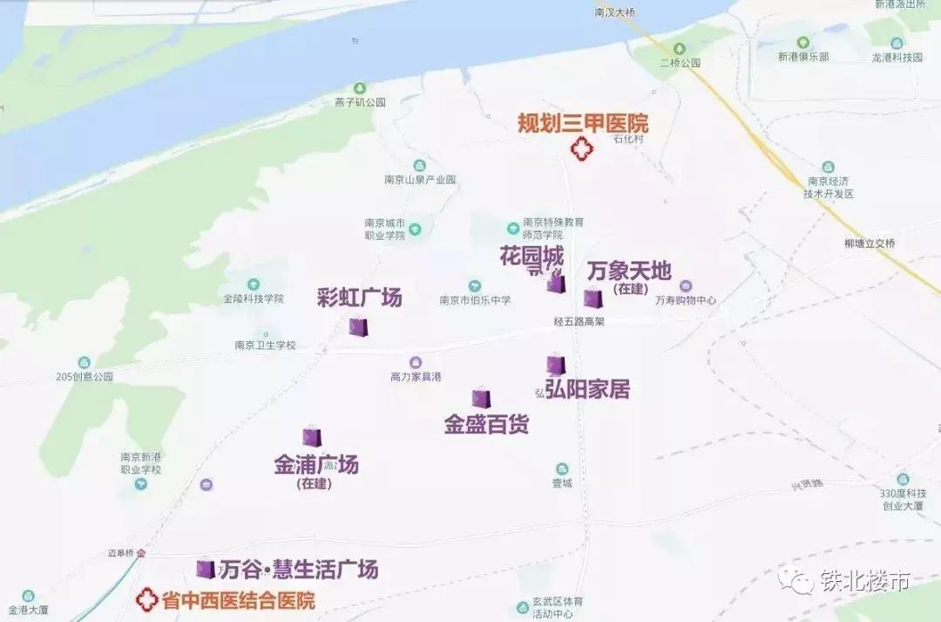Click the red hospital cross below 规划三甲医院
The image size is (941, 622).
pos(580,149)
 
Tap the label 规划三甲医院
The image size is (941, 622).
pos(583,124)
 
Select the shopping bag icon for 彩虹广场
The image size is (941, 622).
pos(358,327)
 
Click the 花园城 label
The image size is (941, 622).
pos(531,256)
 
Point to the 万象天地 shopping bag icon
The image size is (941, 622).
pos(593,297)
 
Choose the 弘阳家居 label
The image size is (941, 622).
pos(587,389)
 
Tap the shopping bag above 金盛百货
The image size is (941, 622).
pos(481,398)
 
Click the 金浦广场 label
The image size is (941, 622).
pos(316,464)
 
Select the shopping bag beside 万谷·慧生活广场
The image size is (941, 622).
pos(206,569)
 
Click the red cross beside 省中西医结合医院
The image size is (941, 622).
pos(147,599)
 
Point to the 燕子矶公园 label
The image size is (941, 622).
pos(360,102)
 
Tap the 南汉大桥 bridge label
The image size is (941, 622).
pos(618,12)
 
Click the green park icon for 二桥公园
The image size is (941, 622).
pos(680,49)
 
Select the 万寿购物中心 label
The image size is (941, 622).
pos(685,300)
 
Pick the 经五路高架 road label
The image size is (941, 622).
pos(579,321)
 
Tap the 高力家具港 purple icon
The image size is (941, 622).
pos(416,362)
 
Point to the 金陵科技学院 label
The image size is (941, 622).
pos(254,298)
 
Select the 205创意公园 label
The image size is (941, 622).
pos(85,377)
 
